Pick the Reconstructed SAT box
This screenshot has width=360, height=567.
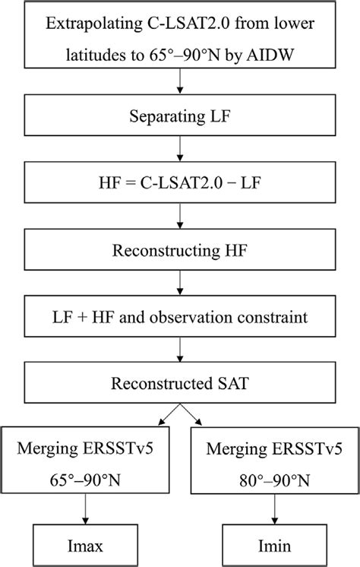tap(179, 382)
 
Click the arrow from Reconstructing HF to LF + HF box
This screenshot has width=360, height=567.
tap(179, 284)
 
